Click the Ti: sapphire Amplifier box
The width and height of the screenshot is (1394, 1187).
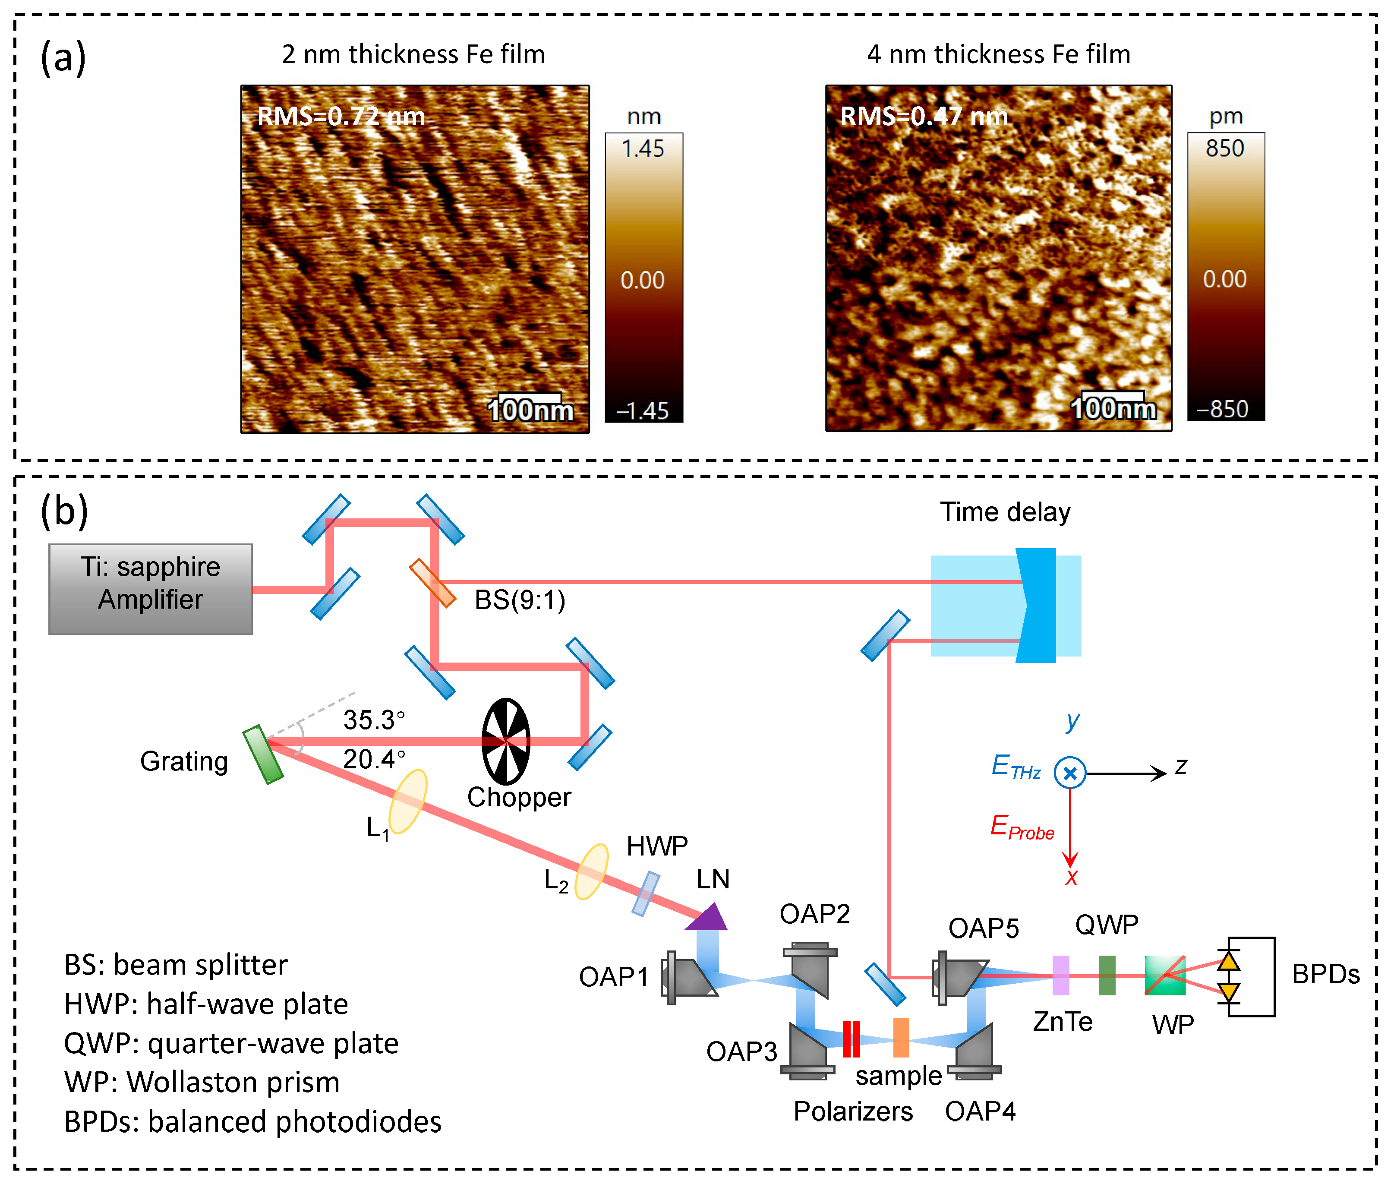tap(150, 589)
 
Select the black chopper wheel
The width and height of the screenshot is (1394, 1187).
tap(506, 741)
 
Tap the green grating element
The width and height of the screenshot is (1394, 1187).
tap(263, 755)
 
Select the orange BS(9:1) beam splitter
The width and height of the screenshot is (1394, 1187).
tap(432, 583)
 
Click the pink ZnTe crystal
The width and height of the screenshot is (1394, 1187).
tap(1060, 975)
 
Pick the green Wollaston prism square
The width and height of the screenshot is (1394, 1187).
tap(1164, 975)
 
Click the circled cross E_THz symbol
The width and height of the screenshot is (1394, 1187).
tap(1070, 773)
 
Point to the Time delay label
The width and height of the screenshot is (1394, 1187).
tap(1004, 512)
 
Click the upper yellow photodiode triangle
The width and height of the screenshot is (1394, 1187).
tap(1229, 960)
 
